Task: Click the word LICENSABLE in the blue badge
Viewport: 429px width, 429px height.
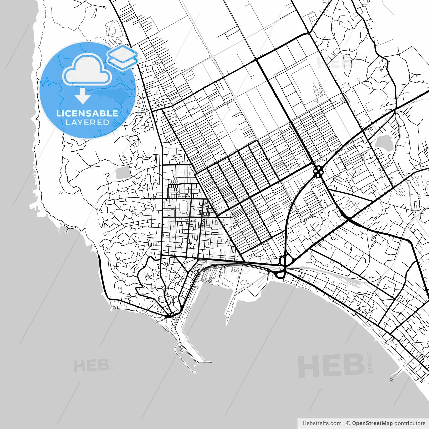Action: tap(87, 113)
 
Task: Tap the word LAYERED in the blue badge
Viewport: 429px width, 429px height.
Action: tap(87, 123)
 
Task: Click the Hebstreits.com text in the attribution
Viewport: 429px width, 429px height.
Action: tap(322, 423)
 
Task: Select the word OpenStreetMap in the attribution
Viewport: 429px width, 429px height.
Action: tap(372, 423)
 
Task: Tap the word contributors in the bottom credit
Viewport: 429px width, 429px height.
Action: tap(410, 423)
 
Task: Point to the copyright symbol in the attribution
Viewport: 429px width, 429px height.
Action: tap(348, 423)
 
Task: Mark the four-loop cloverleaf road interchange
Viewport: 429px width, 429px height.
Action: tap(318, 171)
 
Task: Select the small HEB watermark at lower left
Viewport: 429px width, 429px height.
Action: tap(91, 366)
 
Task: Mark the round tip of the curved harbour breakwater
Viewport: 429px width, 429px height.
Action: tap(194, 371)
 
